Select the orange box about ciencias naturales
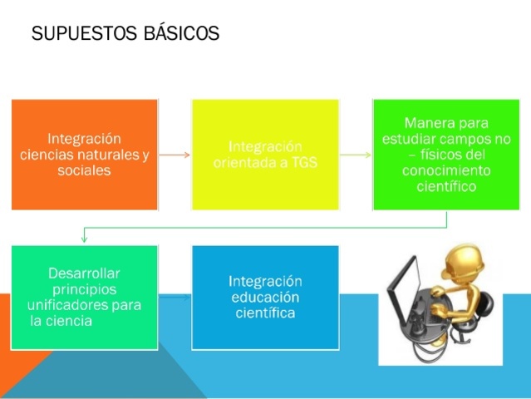point(85,154)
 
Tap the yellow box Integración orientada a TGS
point(265,154)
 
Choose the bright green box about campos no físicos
point(446,154)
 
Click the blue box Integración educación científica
point(265,297)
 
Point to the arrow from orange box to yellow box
point(175,155)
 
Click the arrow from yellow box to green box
point(356,155)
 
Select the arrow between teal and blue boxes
point(175,296)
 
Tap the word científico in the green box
point(446,186)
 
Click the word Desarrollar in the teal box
point(84,273)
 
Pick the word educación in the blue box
point(265,297)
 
